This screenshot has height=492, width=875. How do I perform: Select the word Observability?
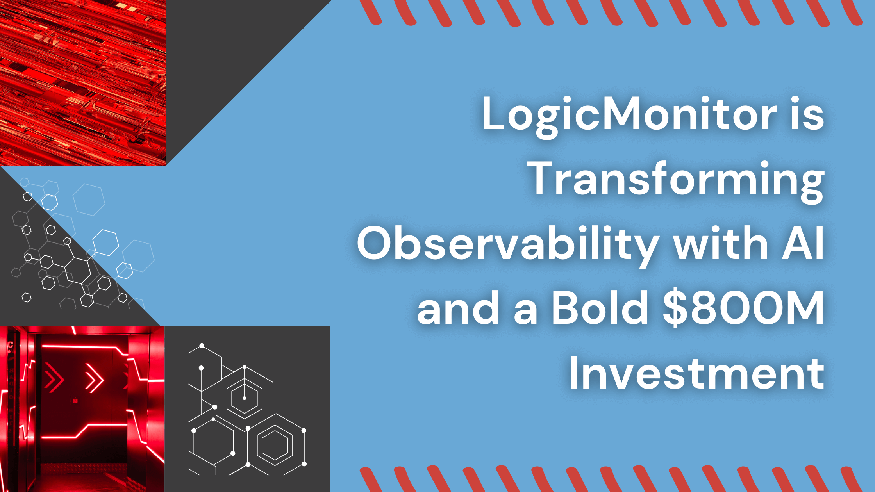pyautogui.click(x=508, y=244)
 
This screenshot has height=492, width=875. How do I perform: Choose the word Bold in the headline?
pyautogui.click(x=600, y=308)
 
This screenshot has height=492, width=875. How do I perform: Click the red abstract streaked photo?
pyautogui.click(x=83, y=83)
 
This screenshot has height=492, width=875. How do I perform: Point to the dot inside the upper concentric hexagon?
pyautogui.click(x=245, y=398)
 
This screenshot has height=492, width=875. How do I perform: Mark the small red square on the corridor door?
pyautogui.click(x=75, y=401)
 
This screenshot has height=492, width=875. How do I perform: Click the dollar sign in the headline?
pyautogui.click(x=675, y=308)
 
